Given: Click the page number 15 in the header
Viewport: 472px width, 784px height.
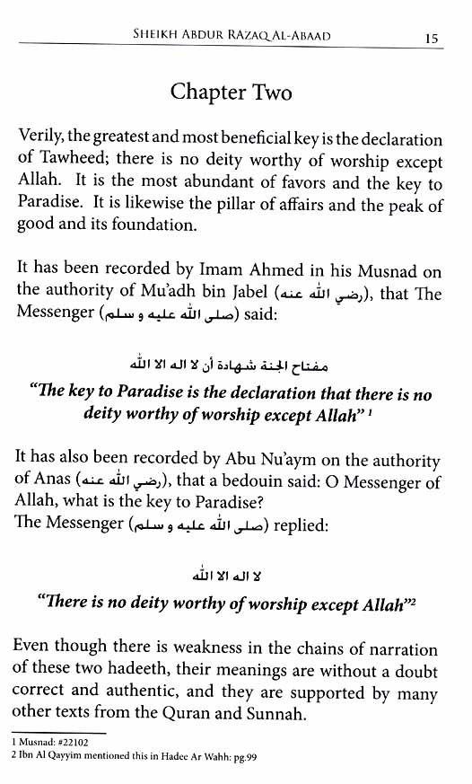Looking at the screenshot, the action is [431, 38].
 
